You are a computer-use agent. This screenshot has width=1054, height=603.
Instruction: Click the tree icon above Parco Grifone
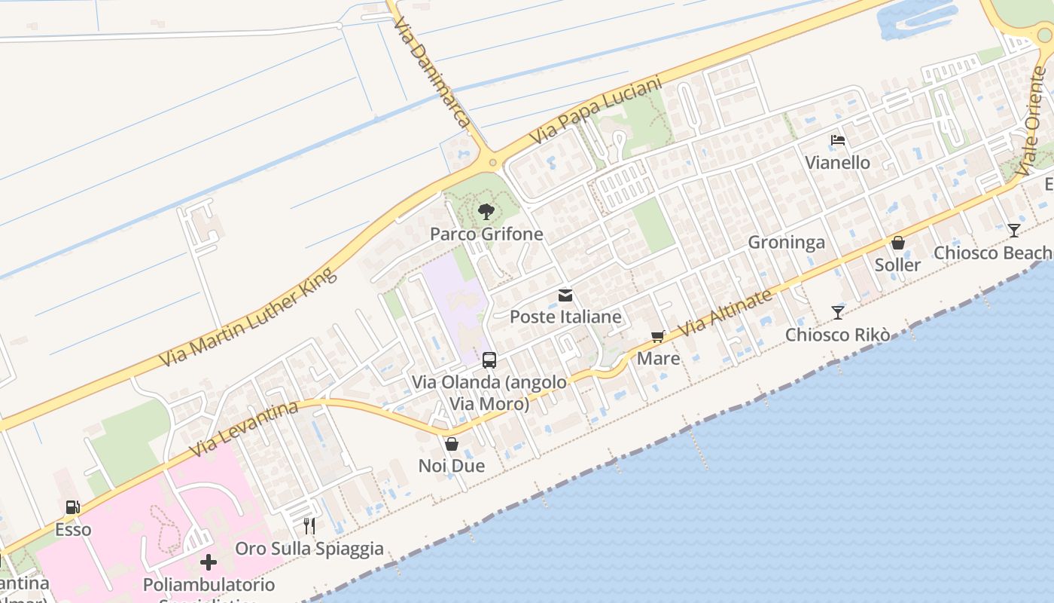tap(486, 211)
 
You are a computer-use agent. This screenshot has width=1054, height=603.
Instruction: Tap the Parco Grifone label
tap(486, 234)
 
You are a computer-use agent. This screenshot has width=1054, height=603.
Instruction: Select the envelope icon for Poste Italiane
tap(565, 295)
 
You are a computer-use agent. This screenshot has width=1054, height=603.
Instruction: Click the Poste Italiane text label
tap(565, 317)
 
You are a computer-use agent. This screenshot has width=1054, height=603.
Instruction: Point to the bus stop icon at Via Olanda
tap(489, 360)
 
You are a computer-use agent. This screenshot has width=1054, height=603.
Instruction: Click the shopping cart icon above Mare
tap(658, 337)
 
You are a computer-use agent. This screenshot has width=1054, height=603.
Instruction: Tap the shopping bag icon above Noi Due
tap(452, 444)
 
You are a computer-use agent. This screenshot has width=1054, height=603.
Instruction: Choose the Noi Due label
tap(452, 466)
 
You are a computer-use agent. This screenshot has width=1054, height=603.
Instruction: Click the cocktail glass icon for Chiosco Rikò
tap(837, 312)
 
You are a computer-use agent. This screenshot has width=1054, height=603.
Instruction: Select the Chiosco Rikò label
tap(837, 335)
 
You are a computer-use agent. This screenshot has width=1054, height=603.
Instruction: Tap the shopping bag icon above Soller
tap(897, 243)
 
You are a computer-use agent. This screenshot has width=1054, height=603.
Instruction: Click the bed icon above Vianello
tap(837, 140)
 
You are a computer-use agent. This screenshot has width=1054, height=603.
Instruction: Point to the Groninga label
tap(786, 242)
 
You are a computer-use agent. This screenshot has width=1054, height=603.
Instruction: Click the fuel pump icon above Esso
tap(73, 507)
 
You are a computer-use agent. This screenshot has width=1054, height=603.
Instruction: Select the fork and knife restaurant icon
tap(309, 525)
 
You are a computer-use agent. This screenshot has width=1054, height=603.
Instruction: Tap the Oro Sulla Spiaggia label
tap(309, 549)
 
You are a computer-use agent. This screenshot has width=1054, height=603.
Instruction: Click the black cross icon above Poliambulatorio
tap(209, 562)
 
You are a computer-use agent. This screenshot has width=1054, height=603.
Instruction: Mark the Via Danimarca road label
tap(431, 72)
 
